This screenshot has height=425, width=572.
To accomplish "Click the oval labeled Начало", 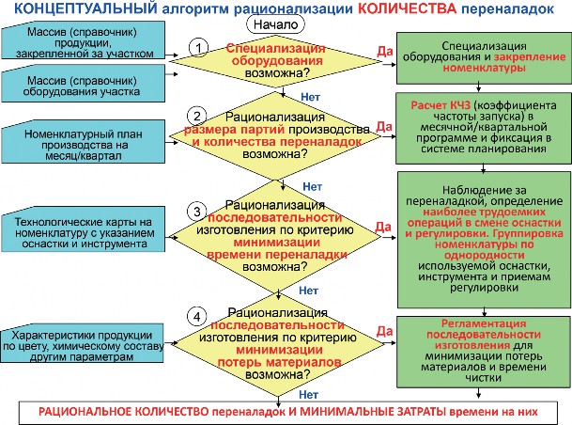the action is [275, 24].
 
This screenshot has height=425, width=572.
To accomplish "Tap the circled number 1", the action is [198, 48].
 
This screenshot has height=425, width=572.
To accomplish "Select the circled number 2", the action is [197, 116].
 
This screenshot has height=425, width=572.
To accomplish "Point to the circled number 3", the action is [197, 212].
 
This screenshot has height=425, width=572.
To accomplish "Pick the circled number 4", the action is [197, 317].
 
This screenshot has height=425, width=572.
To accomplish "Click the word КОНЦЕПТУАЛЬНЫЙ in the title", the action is [85, 8].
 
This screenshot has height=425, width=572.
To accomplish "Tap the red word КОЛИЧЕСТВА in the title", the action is [407, 8].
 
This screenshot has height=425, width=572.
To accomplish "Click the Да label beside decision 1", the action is [384, 51].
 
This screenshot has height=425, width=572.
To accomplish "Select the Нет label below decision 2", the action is [312, 186].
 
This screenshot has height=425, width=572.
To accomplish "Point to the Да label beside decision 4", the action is [384, 331].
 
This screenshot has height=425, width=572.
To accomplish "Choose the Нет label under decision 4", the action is [309, 394].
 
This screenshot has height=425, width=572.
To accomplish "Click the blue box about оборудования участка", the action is [84, 84].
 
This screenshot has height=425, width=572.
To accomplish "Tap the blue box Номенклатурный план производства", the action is [84, 142].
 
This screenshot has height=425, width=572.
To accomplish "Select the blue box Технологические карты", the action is [84, 229].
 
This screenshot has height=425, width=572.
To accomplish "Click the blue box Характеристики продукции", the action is [82, 343].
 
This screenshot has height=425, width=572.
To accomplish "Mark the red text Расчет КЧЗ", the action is [441, 105].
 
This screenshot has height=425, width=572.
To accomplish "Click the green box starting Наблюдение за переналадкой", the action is [485, 240].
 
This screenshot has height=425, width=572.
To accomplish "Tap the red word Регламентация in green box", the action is [484, 323].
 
